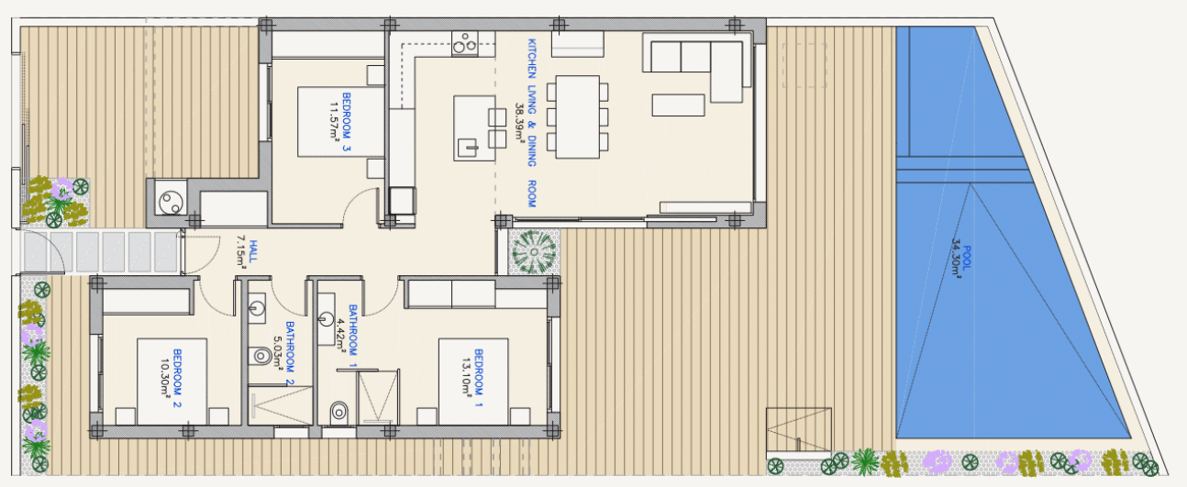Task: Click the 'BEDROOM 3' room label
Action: [347, 122]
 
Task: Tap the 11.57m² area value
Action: [334, 122]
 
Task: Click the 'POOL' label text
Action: [967, 258]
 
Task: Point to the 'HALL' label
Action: [253, 251]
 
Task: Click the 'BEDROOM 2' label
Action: [178, 378]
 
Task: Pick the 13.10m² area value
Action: [466, 377]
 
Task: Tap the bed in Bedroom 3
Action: [340, 122]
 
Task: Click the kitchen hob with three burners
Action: [465, 43]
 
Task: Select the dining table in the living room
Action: [578, 117]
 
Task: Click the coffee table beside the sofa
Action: [678, 105]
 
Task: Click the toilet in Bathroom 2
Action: [260, 355]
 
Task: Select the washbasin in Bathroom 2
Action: [257, 309]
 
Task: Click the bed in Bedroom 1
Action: [473, 382]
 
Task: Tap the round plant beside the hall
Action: [534, 251]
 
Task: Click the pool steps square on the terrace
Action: [799, 430]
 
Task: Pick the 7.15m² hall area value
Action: [241, 252]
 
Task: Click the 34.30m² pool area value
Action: [957, 259]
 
